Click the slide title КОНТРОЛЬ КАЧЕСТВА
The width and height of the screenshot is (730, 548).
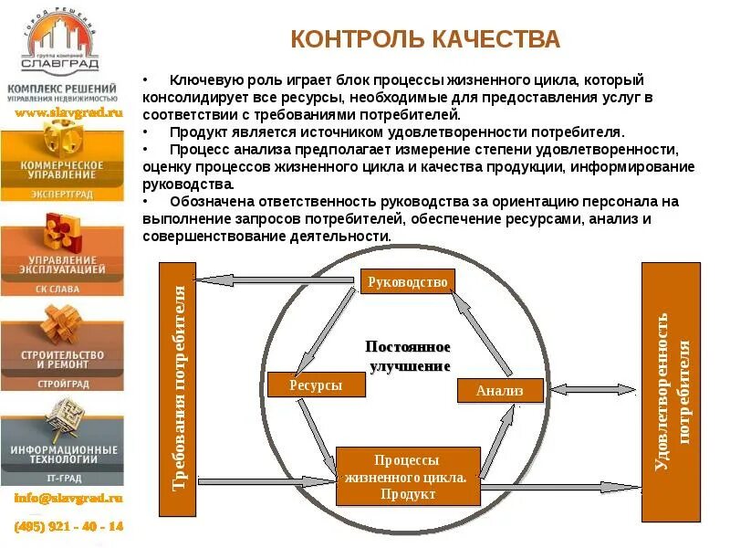tap(424, 39)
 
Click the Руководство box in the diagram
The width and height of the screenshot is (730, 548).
tap(406, 282)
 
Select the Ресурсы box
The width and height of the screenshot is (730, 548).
tap(316, 385)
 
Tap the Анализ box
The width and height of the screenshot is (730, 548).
tap(499, 390)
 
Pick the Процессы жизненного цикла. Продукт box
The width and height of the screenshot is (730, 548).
tap(407, 476)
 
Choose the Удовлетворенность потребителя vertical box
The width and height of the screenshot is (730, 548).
tap(672, 391)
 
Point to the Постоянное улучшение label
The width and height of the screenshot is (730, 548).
tap(409, 356)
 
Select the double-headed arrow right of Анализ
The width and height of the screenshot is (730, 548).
tap(593, 389)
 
